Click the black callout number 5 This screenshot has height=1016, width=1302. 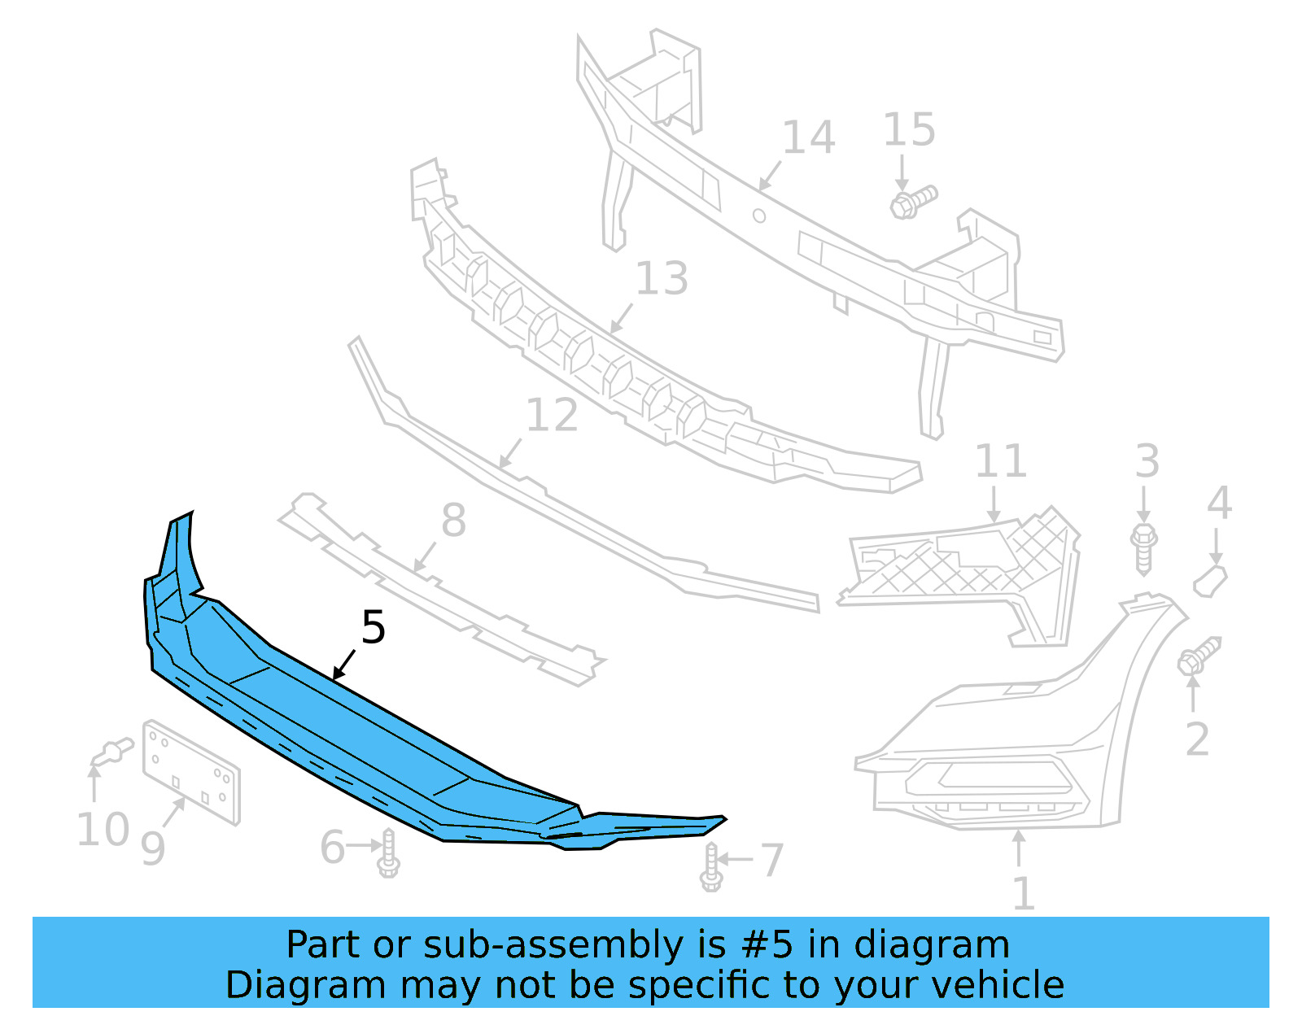tap(373, 628)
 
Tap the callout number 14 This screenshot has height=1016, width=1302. tap(808, 137)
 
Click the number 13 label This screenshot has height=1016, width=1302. tap(661, 279)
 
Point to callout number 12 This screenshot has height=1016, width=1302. tap(552, 416)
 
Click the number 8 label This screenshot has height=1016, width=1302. tap(453, 521)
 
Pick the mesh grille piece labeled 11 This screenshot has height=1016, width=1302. tap(960, 569)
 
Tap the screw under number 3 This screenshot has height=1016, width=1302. tap(1144, 549)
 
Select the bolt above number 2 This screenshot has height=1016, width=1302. tap(1198, 656)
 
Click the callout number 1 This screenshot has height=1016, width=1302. tap(1023, 893)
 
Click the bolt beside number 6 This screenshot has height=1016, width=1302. tap(388, 853)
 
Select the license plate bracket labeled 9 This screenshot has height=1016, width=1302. tap(191, 772)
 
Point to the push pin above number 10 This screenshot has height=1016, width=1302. tap(112, 752)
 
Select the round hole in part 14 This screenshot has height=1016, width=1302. tap(758, 216)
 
